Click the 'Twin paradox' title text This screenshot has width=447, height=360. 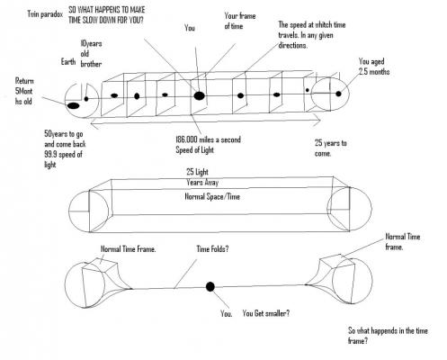pos(45,14)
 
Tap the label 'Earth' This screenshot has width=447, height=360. pos(68,62)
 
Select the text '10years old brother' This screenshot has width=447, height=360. pos(91,54)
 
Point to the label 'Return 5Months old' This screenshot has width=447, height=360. pos(24,91)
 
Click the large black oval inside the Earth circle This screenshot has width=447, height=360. pos(74,105)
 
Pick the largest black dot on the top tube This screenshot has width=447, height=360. pos(199,95)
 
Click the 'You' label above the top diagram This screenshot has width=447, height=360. pos(190,28)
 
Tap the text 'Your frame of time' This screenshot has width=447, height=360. pos(240,21)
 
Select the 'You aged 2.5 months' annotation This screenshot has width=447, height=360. pos(374,67)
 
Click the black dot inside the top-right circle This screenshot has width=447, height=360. pos(338,94)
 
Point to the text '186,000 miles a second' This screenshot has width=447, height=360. pos(208,139)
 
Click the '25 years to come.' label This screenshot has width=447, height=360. pos(330,148)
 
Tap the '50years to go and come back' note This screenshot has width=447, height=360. pos(65,139)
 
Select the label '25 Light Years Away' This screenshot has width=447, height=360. pos(202,177)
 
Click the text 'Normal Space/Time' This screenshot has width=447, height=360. pos(212,196)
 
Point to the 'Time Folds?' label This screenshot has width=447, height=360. pos(212,248)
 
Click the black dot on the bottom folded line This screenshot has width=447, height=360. pos(210,286)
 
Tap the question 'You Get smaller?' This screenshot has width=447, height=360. pos(266,313)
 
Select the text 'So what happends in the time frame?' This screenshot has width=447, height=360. pos(388,336)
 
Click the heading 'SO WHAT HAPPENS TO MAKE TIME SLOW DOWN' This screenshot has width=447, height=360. pos(107,15)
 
